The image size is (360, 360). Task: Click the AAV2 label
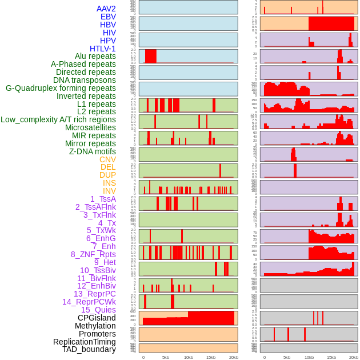[106, 9]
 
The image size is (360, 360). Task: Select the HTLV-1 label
[103, 49]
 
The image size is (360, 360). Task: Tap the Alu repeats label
[95, 57]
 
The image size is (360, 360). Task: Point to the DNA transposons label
[85, 80]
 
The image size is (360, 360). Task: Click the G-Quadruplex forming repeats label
[61, 88]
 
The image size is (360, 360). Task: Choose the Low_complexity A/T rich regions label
[58, 119]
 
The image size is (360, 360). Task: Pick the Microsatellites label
[90, 127]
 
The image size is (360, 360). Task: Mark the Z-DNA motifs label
[93, 151]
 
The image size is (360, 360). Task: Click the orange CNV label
[107, 159]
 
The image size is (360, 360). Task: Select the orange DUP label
[107, 175]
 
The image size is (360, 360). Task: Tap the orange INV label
[109, 191]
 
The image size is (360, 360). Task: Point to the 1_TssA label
[103, 199]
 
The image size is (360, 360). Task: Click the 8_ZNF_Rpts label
[93, 254]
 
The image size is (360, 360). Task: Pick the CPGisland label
[97, 318]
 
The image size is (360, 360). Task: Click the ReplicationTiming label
[85, 342]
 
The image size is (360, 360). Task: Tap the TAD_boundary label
[89, 349]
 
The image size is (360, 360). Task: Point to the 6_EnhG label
[101, 238]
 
